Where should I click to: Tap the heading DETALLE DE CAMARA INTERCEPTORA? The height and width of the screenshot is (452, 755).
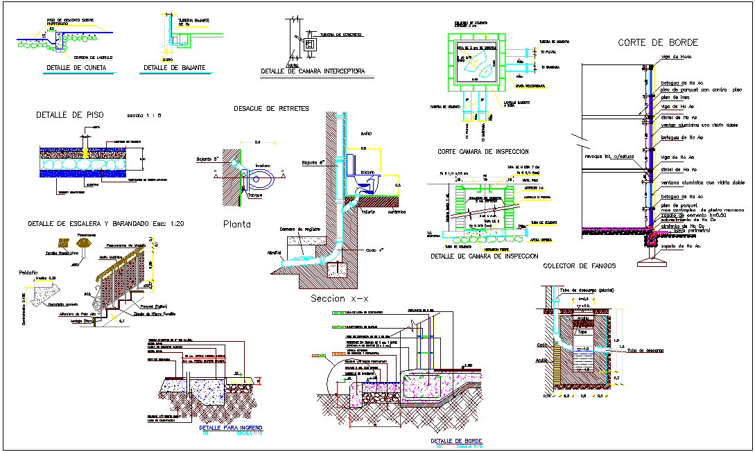[x=313, y=71]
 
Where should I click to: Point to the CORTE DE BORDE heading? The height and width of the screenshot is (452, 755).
[x=658, y=43]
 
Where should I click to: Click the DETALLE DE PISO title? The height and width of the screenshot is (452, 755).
[x=69, y=114]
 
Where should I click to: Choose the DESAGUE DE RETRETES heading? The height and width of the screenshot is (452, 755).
[x=271, y=109]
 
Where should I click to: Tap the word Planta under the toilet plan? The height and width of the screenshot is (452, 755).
[x=236, y=224]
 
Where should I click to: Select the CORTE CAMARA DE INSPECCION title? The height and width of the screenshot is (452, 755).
[x=483, y=151]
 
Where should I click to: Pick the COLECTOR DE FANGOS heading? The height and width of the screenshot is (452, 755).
[x=580, y=266]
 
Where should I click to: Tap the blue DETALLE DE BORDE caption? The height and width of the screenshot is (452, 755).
[x=456, y=441]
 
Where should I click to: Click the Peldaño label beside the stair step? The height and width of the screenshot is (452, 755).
[x=28, y=272]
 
